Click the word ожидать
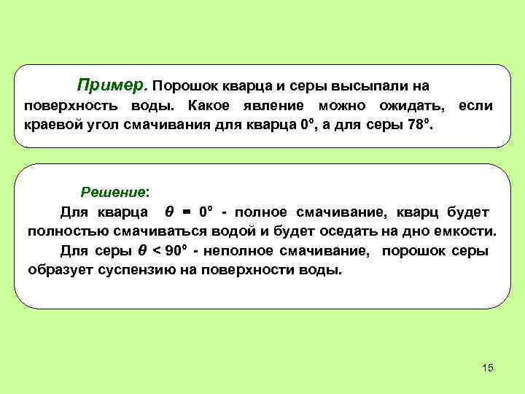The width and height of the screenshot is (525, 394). click(x=409, y=106)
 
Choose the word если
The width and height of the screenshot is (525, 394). click(x=475, y=106)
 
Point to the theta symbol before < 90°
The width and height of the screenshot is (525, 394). click(x=142, y=252)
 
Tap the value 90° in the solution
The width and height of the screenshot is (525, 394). click(x=176, y=252)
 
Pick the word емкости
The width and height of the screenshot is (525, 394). click(x=468, y=232)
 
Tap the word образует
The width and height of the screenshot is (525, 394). click(x=61, y=271)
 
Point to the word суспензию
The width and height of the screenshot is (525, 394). click(x=142, y=271)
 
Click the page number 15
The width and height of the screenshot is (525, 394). click(x=488, y=368)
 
